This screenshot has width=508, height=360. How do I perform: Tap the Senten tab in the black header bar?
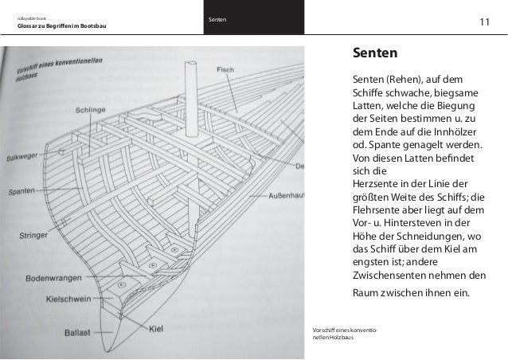[216, 19]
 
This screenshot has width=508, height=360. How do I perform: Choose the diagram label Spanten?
[25, 192]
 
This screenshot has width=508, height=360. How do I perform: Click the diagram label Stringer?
[37, 236]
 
